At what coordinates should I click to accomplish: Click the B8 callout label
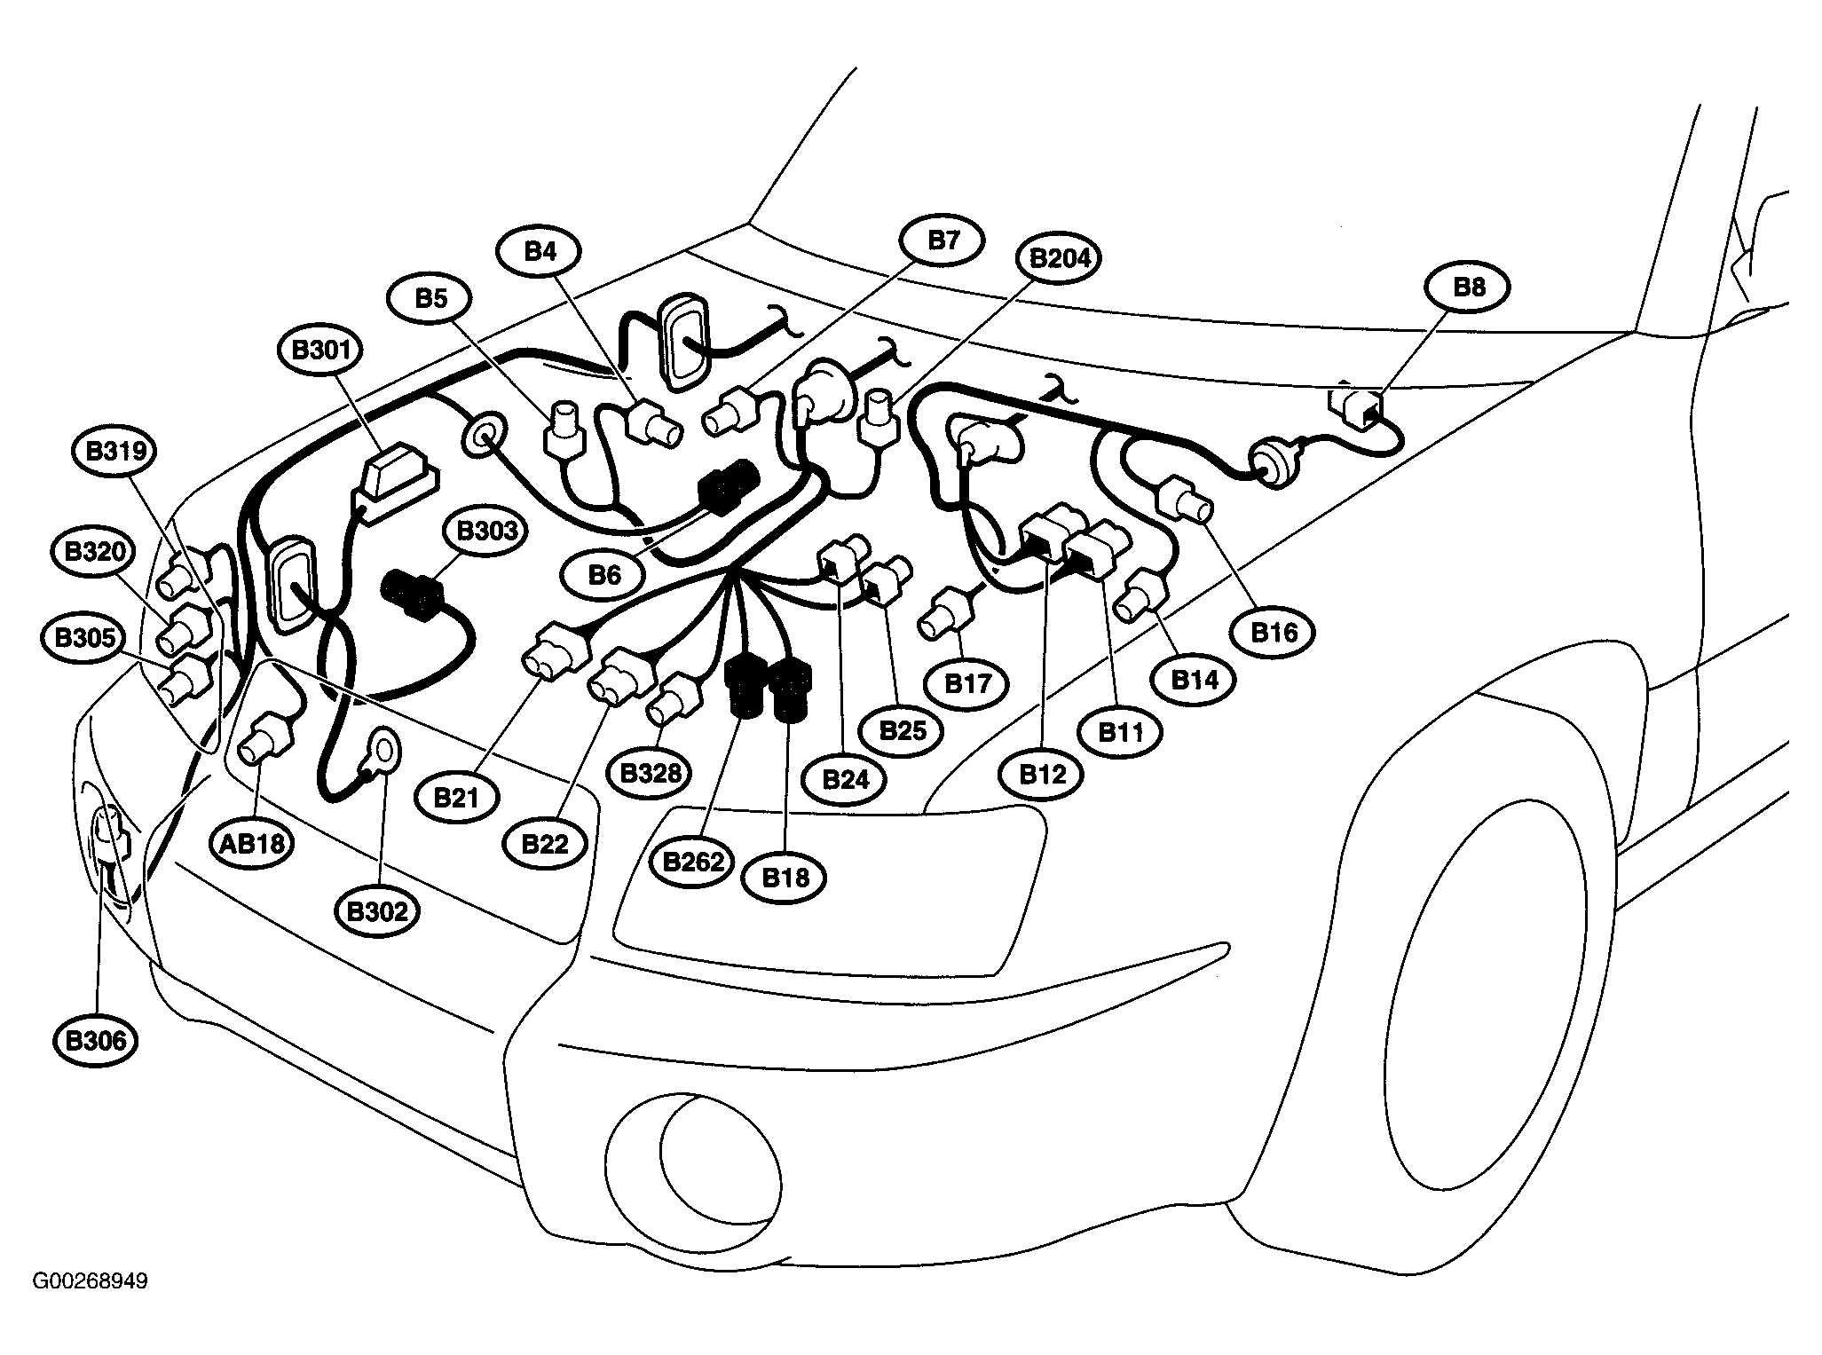click(1468, 288)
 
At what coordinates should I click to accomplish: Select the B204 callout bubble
click(1060, 258)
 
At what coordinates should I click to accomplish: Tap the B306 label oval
click(96, 1041)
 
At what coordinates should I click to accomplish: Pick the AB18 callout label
click(253, 843)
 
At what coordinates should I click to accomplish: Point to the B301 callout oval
click(320, 351)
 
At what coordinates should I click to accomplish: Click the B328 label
click(650, 773)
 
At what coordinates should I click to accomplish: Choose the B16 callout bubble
click(1274, 632)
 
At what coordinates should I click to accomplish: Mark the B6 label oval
click(604, 575)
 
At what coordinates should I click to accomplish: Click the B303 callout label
click(485, 531)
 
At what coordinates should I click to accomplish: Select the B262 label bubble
click(693, 861)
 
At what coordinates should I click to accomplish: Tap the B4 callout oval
click(540, 251)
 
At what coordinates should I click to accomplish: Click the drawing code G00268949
click(91, 1281)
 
